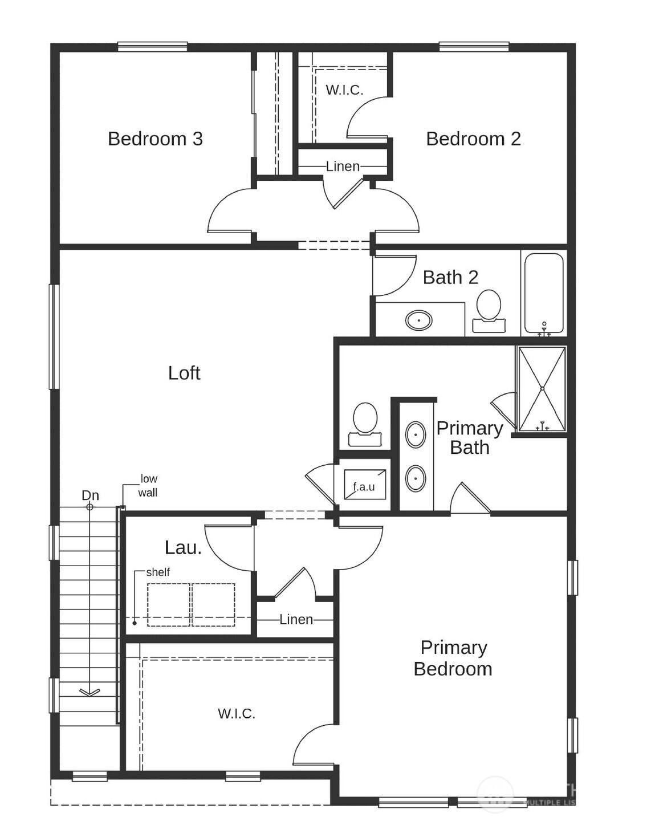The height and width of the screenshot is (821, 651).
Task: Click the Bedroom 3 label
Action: pyautogui.click(x=155, y=139)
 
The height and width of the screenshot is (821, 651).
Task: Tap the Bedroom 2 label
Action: pyautogui.click(x=473, y=139)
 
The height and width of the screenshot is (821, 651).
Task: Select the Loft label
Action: pyautogui.click(x=184, y=373)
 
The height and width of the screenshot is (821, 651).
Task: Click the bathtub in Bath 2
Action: pyautogui.click(x=544, y=293)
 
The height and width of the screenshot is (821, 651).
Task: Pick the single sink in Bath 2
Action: pyautogui.click(x=419, y=320)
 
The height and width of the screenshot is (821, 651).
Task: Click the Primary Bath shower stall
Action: pyautogui.click(x=542, y=389)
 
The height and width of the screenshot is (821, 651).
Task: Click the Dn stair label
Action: pyautogui.click(x=90, y=495)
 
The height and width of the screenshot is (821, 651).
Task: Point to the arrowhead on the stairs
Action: pyautogui.click(x=89, y=692)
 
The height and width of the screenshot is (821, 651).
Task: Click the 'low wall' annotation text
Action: pyautogui.click(x=148, y=486)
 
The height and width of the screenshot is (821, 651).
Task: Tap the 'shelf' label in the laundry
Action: pyautogui.click(x=158, y=572)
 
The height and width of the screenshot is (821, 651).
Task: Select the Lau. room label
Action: pyautogui.click(x=183, y=547)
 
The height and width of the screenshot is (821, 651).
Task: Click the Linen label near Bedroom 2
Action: pyautogui.click(x=343, y=166)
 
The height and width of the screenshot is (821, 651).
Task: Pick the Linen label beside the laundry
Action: pyautogui.click(x=296, y=619)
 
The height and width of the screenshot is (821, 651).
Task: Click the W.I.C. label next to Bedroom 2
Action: pyautogui.click(x=344, y=90)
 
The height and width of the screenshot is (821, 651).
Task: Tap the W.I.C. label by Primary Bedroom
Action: pyautogui.click(x=237, y=713)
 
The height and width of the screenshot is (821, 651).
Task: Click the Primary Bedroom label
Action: pyautogui.click(x=453, y=658)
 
